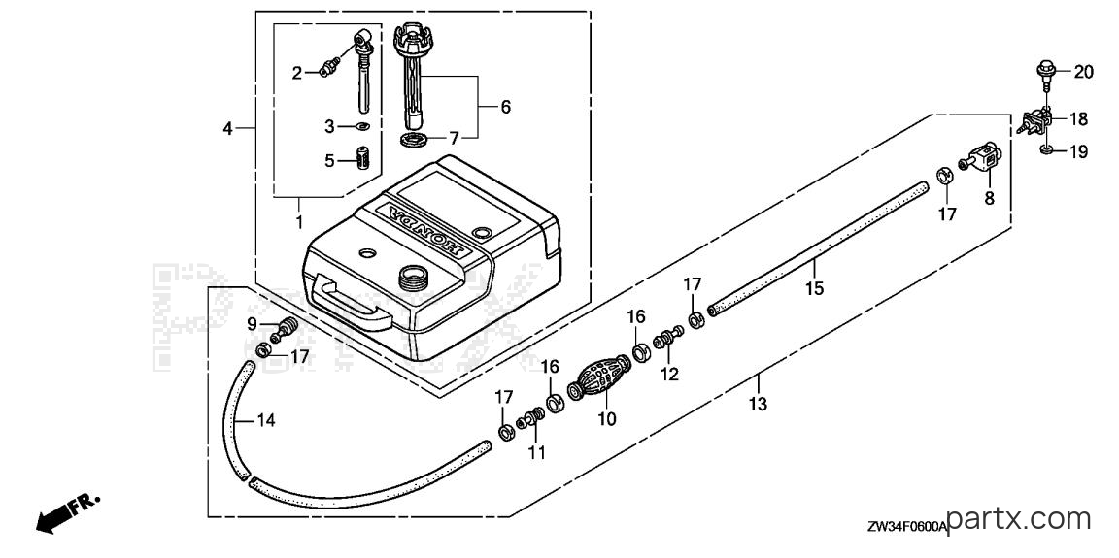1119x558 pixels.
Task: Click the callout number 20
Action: click(1083, 72)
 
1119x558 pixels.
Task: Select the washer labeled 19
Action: click(1046, 149)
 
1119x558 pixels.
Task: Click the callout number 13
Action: click(758, 404)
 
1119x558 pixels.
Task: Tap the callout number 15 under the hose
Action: click(814, 288)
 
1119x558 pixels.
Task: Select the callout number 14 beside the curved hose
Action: click(265, 420)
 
